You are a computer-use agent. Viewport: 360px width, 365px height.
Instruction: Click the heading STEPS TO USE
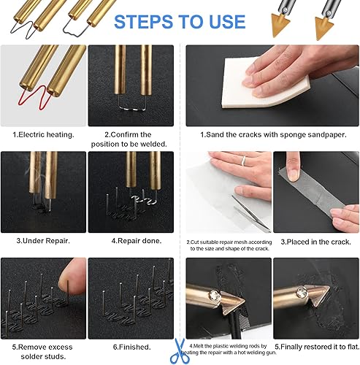point(180,22)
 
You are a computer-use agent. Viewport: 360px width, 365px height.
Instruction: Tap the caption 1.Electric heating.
point(43,134)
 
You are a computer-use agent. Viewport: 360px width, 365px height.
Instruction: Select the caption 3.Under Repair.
point(43,241)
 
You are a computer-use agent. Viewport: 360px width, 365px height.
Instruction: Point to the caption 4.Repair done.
point(137,241)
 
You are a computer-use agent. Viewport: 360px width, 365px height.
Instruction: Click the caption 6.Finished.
point(131,347)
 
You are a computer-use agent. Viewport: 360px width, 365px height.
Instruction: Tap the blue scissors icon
point(180,351)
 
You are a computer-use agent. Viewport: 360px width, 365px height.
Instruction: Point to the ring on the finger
point(244,161)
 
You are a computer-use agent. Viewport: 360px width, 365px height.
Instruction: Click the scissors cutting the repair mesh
point(250,213)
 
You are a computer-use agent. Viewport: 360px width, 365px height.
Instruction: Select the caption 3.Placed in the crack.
point(316,242)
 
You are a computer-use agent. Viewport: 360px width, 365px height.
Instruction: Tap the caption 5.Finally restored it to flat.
point(317,347)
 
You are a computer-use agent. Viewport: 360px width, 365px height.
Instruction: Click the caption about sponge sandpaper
point(273,134)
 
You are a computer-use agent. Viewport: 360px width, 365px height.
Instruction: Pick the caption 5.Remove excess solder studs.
point(42,352)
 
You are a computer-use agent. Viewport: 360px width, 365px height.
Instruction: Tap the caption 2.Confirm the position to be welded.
point(129,139)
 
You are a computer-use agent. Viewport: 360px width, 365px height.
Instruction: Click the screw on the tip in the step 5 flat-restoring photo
point(302,292)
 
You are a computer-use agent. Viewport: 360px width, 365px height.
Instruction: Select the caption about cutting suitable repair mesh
point(229,245)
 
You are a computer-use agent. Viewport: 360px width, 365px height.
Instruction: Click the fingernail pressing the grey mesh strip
point(294,174)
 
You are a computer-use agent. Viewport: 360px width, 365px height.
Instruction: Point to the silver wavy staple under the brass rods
point(131,108)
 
